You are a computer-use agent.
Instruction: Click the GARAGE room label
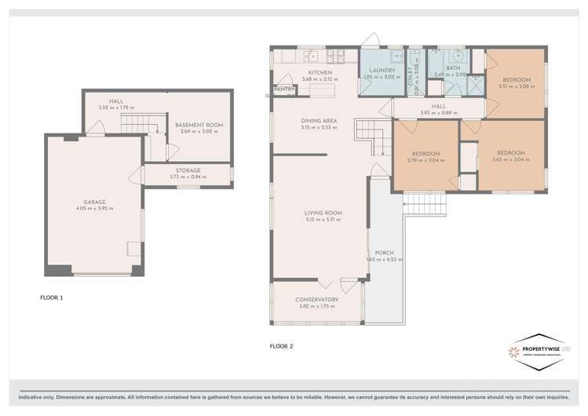[94, 202]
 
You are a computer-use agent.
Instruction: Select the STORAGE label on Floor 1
[188, 170]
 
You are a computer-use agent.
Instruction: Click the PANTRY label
[284, 89]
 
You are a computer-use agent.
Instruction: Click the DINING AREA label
[319, 120]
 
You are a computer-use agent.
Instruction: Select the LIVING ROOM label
[323, 213]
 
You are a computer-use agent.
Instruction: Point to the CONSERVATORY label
[316, 299]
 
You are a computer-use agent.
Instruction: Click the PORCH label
[384, 253]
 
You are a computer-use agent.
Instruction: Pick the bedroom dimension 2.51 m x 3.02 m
[517, 86]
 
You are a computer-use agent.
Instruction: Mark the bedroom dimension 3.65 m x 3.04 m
[510, 159]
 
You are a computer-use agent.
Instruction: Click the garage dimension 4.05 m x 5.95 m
[94, 209]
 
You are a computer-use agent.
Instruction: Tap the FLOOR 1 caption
[52, 297]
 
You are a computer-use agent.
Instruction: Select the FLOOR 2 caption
[281, 345]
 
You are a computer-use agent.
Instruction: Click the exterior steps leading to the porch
[424, 205]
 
